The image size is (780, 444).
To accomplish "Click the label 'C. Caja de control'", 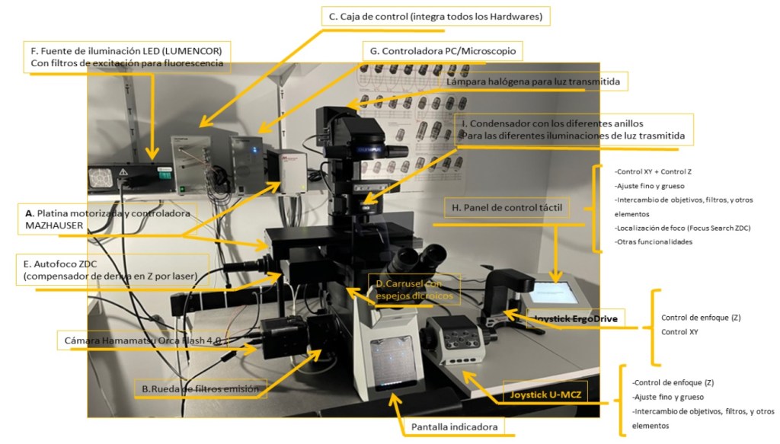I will pos(436,16).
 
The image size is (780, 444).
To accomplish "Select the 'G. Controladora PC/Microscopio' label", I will pos(443,51).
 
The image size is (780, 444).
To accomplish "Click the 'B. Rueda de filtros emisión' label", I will pos(201,388).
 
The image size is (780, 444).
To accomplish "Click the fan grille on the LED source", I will pos(103,179).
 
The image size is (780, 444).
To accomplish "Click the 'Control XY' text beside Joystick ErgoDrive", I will pos(679,332).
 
